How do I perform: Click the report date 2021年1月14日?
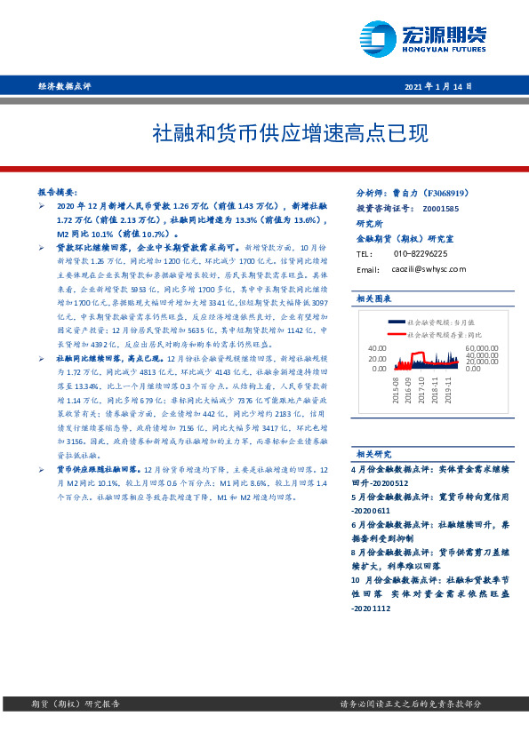coord(438,86)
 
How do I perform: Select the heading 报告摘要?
coord(58,192)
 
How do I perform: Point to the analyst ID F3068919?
coord(454,192)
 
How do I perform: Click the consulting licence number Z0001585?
coord(441,208)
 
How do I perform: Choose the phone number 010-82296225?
coord(421,254)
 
